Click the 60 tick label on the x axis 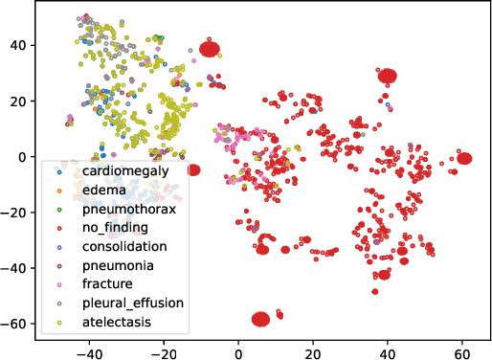[462, 351]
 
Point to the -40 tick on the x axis [89, 351]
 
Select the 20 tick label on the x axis [313, 351]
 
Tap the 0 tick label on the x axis [239, 351]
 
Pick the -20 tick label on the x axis [164, 351]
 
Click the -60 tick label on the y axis [17, 325]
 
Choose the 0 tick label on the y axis [25, 157]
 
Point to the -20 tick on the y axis [17, 213]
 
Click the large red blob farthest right [464, 158]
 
